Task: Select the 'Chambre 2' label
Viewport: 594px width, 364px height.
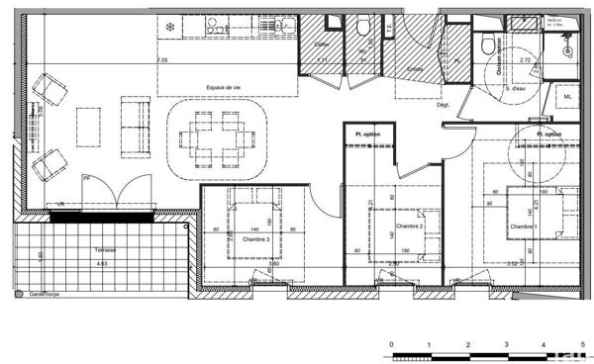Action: tap(410, 227)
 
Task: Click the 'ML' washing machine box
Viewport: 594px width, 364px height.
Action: tap(568, 97)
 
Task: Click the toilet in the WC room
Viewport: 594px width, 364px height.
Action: tap(364, 28)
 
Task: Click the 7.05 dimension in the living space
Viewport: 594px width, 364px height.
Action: tap(162, 60)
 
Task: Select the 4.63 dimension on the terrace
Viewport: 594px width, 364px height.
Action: tap(101, 264)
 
